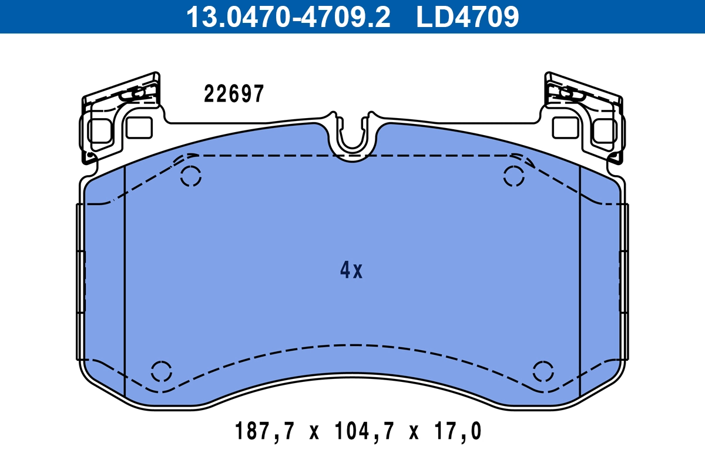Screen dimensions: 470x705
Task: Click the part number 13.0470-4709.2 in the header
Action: [x=288, y=16]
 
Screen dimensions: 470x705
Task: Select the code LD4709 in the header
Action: [x=468, y=16]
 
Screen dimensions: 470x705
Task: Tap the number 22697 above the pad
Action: [x=234, y=94]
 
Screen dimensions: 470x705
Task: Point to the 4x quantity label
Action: [x=351, y=270]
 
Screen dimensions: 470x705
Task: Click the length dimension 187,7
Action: [x=263, y=432]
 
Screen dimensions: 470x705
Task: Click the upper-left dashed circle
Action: [x=191, y=176]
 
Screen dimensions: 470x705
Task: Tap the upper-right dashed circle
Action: [x=514, y=176]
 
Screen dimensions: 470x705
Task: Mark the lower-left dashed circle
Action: [x=162, y=371]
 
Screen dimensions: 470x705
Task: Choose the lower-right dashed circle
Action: [x=543, y=371]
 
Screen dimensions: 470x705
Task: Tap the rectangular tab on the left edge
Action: [x=81, y=282]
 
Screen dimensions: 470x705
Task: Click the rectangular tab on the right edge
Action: [x=624, y=282]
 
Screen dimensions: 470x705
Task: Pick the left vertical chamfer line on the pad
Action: [x=125, y=282]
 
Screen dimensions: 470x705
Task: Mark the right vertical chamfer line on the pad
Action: [x=580, y=282]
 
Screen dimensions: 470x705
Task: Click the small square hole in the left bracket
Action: [x=139, y=127]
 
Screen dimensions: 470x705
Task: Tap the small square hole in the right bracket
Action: [x=566, y=127]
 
